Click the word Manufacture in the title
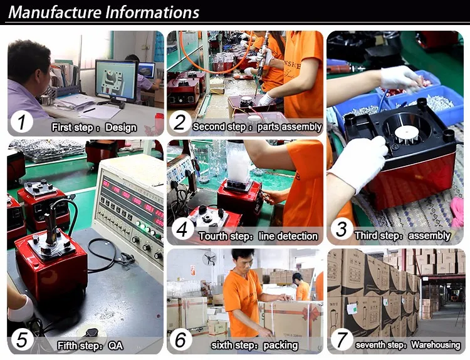[55, 13]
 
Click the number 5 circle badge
[21, 339]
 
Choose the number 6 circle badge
[180, 339]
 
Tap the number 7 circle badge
[341, 339]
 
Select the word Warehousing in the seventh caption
[436, 345]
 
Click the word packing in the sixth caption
[281, 346]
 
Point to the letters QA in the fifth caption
[115, 346]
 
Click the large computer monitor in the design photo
[116, 80]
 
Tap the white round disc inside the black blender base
[406, 132]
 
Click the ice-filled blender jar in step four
[239, 162]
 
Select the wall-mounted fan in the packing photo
[209, 258]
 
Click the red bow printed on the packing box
[308, 314]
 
